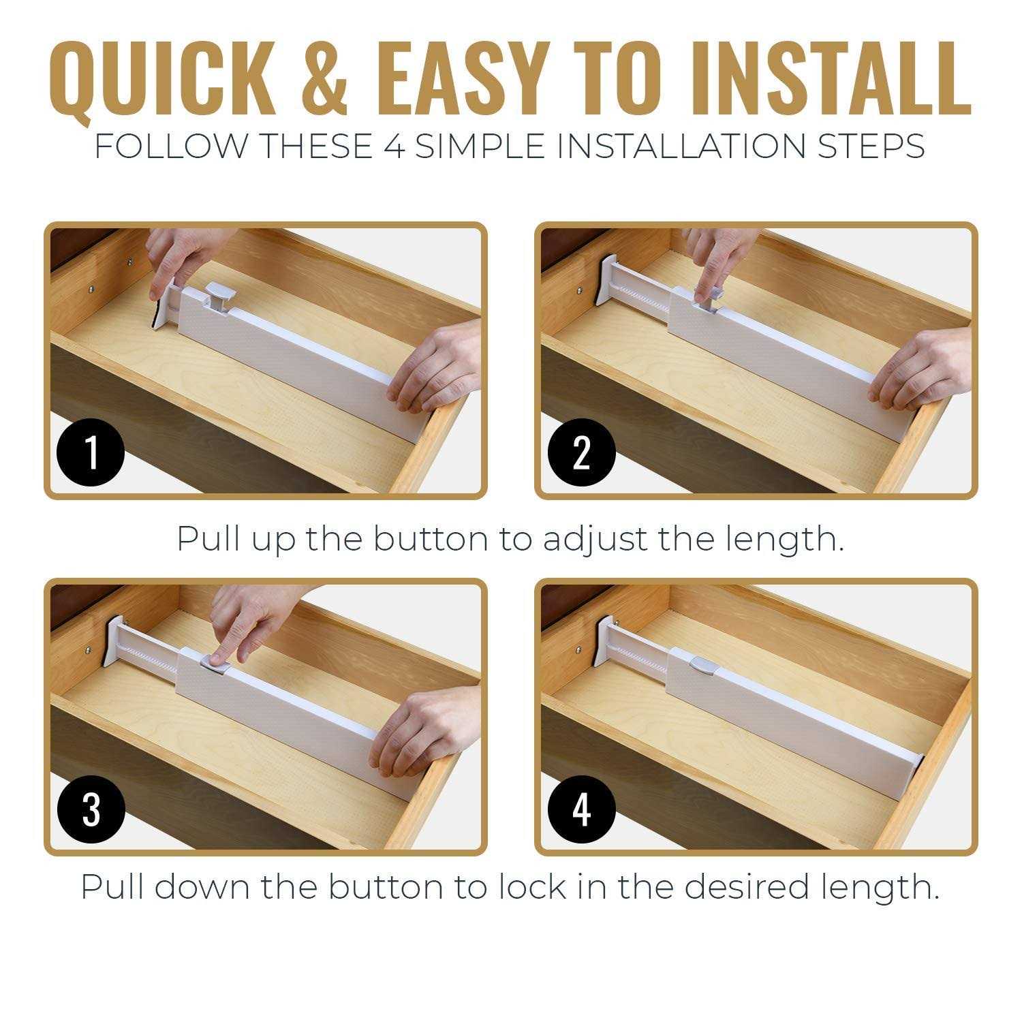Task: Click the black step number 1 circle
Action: coord(91,452)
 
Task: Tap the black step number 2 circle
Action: coord(581,452)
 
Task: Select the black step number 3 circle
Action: coord(91,810)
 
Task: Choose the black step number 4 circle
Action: coord(581,810)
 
